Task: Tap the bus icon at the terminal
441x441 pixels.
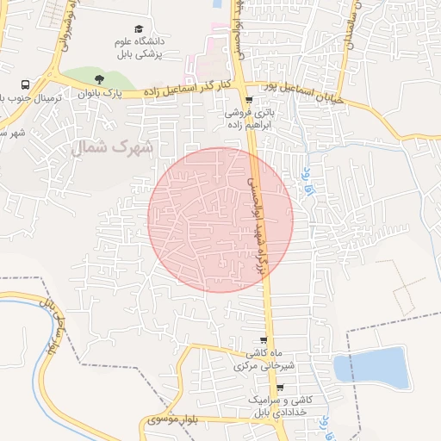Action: (26, 86)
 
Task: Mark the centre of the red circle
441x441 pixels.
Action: (220, 219)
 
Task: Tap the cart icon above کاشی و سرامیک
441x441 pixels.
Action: (279, 388)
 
